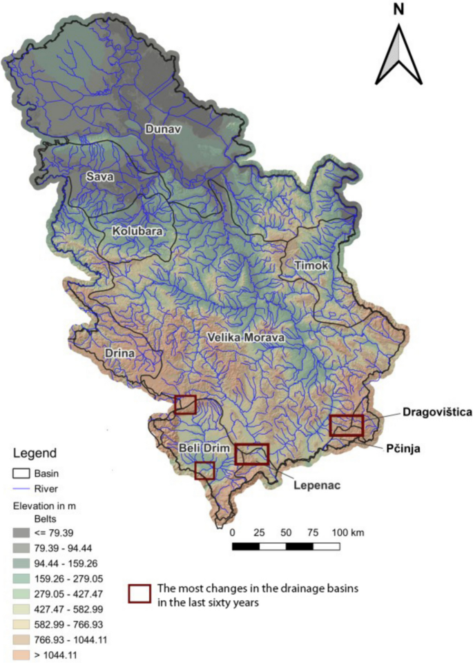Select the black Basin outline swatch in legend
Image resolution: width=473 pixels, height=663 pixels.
pyautogui.click(x=24, y=473)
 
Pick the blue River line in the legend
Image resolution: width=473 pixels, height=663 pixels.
pyautogui.click(x=24, y=488)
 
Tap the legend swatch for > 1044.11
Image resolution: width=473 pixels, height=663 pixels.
pyautogui.click(x=24, y=654)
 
